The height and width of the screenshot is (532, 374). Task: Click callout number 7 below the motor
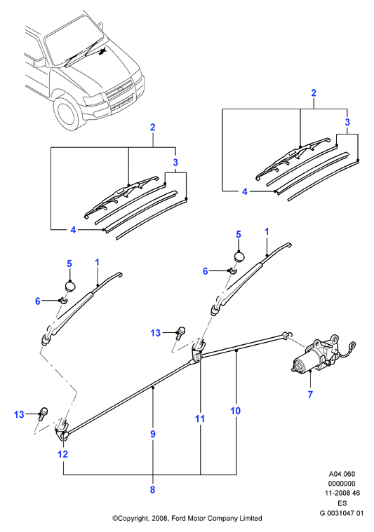click(310, 395)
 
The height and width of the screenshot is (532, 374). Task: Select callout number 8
click(152, 489)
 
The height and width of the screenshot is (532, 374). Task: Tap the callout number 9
click(153, 434)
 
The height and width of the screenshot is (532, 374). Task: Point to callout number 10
click(235, 411)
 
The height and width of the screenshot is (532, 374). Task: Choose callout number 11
click(200, 419)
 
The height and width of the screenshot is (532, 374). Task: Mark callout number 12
click(63, 454)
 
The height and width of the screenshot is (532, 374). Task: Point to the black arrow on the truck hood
click(102, 52)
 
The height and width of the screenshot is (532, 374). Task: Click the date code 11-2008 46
click(342, 493)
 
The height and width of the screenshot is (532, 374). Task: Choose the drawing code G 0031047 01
click(342, 513)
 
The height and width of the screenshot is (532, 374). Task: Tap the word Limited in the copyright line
click(251, 518)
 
